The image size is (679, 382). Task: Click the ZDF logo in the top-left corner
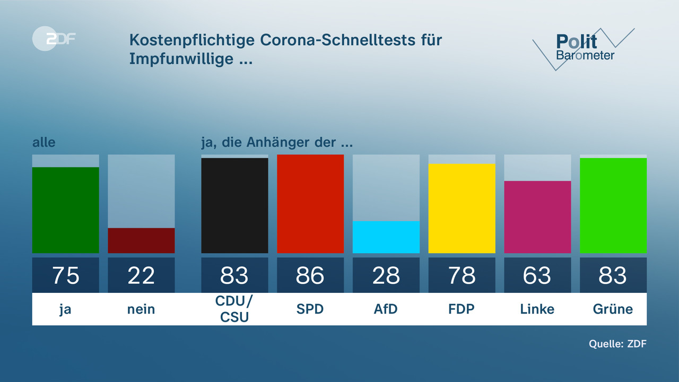(x=54, y=38)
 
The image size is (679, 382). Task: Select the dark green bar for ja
(x=66, y=210)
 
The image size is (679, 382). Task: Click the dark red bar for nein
(x=141, y=240)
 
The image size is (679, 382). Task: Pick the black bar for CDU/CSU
(x=234, y=205)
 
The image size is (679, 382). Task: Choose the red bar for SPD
(x=310, y=204)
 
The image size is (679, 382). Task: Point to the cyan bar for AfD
(x=386, y=237)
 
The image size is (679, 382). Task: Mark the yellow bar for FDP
(x=462, y=208)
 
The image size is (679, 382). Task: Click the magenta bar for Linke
(x=537, y=217)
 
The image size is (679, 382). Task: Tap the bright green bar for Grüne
(x=613, y=205)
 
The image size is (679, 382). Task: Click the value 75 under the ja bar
(x=66, y=275)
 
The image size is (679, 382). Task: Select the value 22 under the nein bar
(x=141, y=275)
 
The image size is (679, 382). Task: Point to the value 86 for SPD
(x=310, y=275)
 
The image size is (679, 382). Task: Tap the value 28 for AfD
(x=386, y=275)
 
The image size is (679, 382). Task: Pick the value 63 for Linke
(x=537, y=275)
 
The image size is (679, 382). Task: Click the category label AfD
(x=386, y=309)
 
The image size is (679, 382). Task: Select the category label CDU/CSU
(x=234, y=309)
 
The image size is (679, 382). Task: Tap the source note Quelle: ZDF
(x=617, y=344)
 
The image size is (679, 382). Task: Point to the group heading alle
(x=43, y=142)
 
